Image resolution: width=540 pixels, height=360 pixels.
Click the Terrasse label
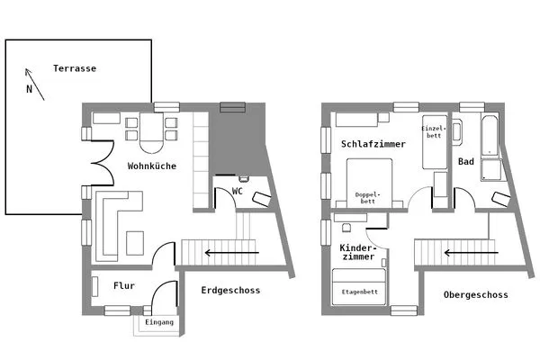click(x=75, y=68)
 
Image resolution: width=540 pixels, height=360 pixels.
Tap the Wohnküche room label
click(x=151, y=166)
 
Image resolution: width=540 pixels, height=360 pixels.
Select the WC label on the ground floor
click(x=238, y=192)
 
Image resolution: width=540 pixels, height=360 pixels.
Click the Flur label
click(x=124, y=286)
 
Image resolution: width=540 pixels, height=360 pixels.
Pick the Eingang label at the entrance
click(x=158, y=322)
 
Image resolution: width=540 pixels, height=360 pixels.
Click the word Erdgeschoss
click(x=231, y=291)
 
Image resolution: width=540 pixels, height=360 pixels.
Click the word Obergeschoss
click(x=476, y=295)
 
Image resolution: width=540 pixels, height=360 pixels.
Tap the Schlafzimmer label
click(x=373, y=144)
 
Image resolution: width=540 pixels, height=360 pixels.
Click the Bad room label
click(x=466, y=163)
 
